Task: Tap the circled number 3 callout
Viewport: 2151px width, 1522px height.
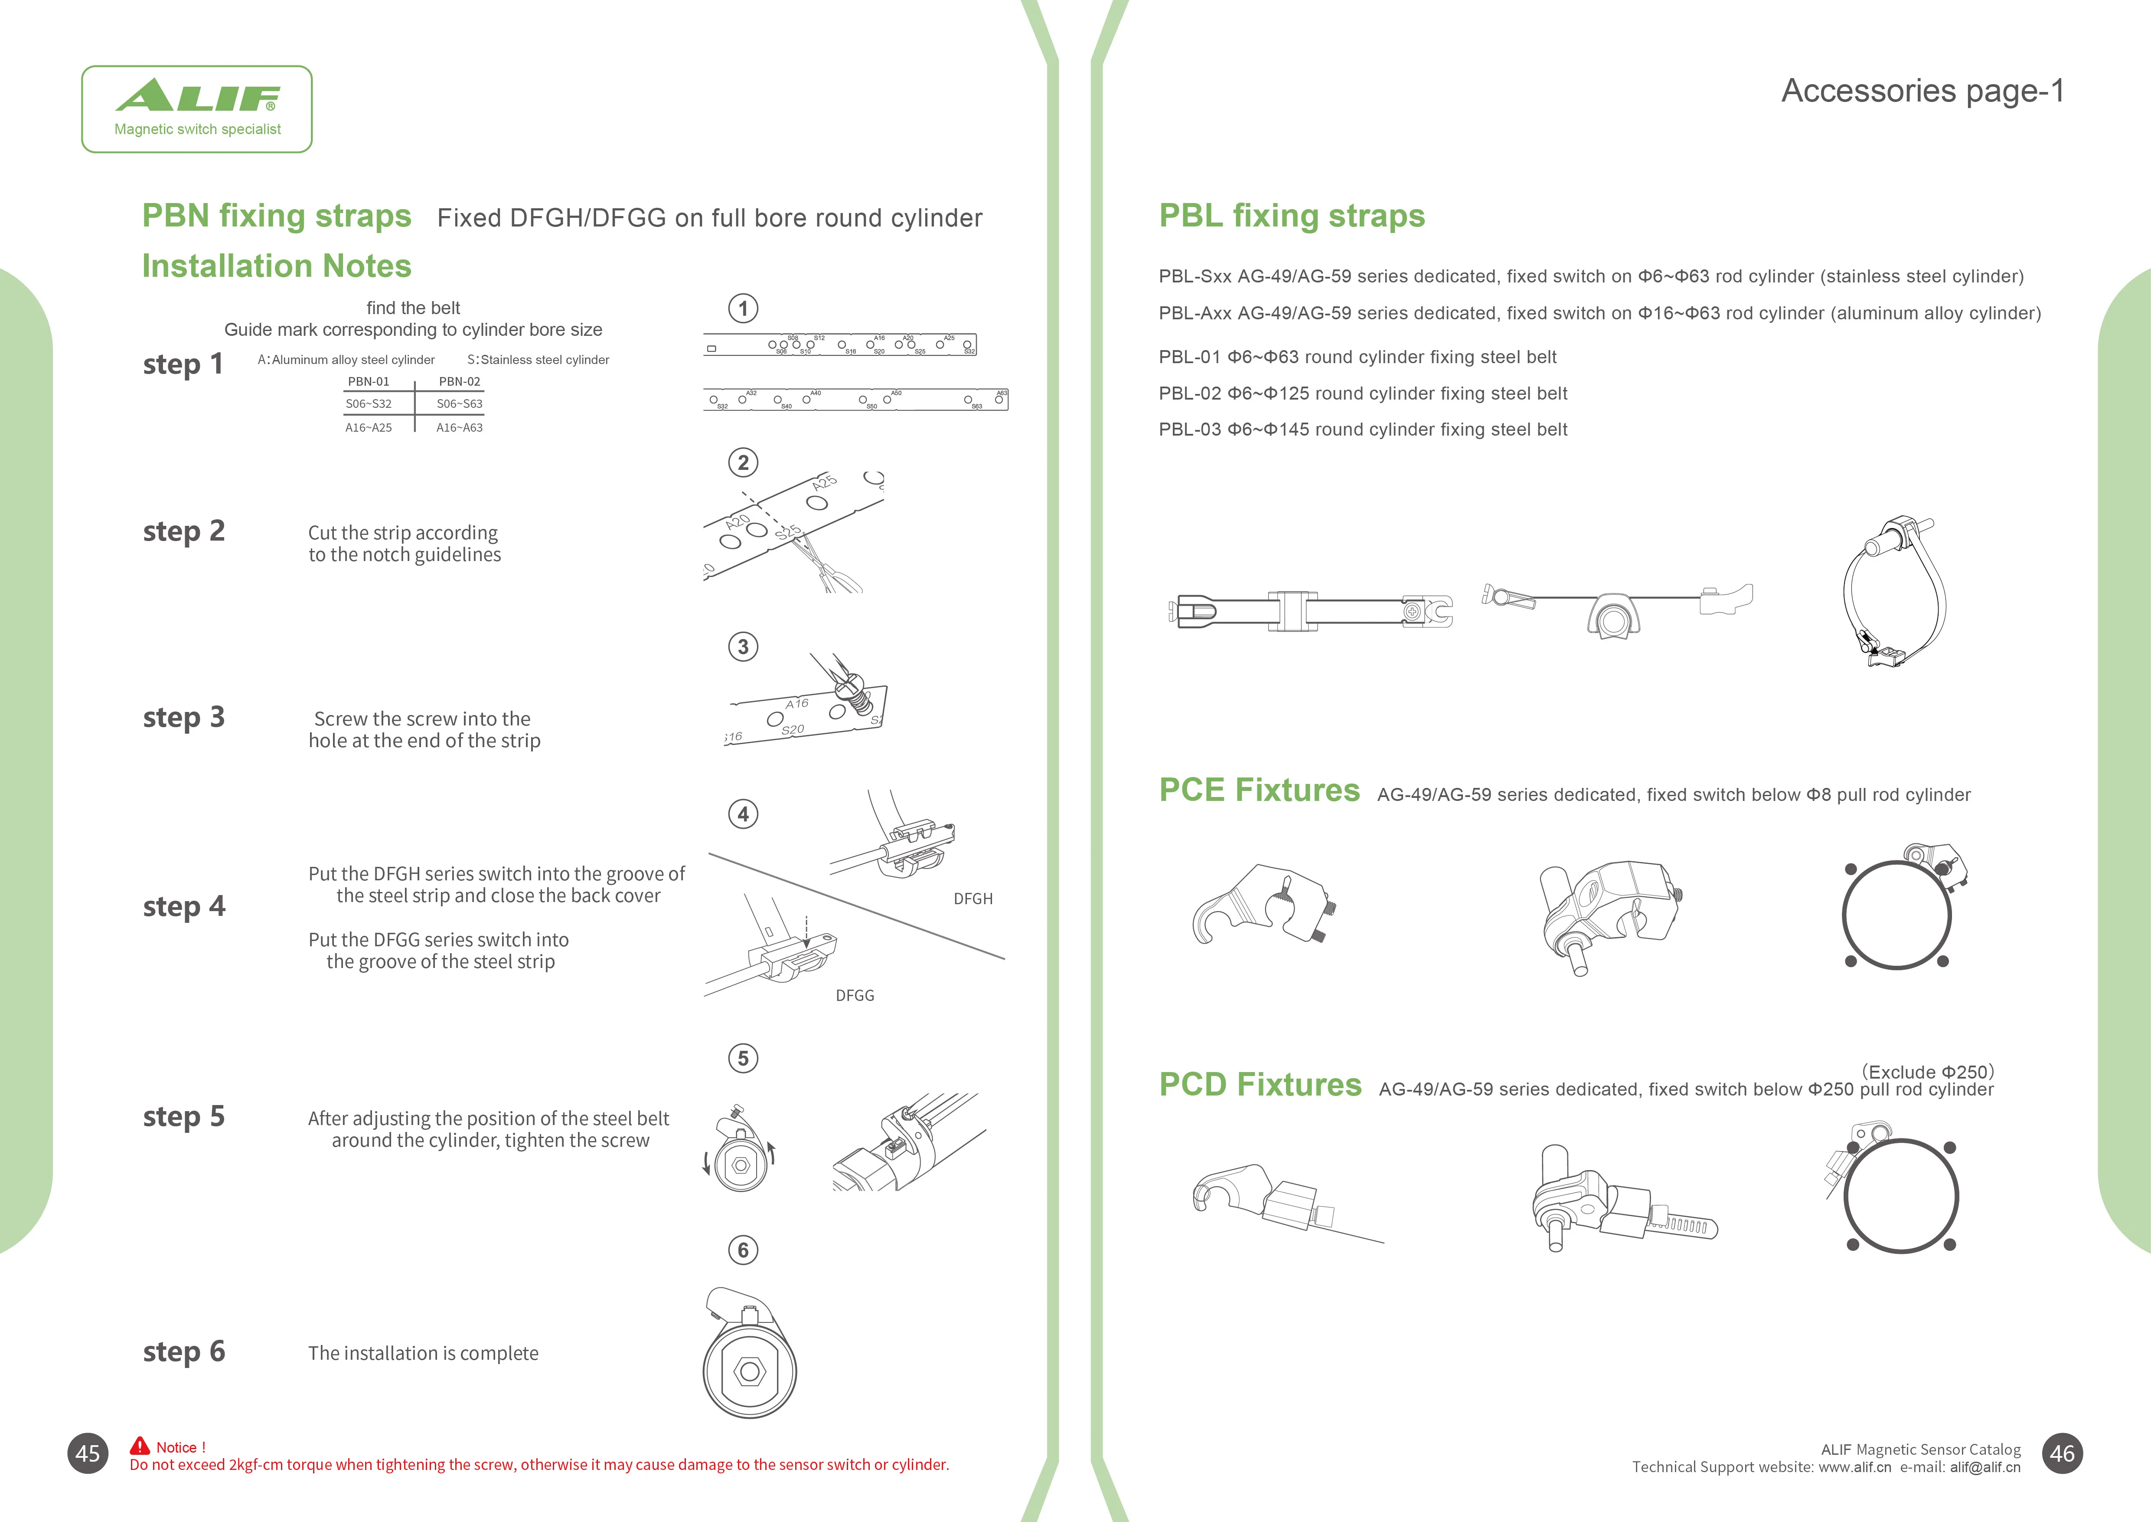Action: [x=743, y=646]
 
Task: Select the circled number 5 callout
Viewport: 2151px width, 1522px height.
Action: [x=743, y=1058]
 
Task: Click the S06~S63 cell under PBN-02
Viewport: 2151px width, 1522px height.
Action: [x=459, y=404]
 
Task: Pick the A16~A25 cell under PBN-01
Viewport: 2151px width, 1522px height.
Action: [x=368, y=427]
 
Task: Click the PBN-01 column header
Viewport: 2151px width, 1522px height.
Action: [x=368, y=381]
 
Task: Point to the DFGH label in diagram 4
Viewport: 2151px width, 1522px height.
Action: [x=973, y=899]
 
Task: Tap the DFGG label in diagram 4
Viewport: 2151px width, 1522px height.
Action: [x=855, y=995]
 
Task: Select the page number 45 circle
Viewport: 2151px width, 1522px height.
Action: [x=88, y=1453]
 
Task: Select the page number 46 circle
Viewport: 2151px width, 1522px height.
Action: [x=2062, y=1453]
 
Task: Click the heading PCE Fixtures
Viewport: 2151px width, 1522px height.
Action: [x=1258, y=790]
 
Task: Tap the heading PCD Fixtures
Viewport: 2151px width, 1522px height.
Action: [x=1259, y=1084]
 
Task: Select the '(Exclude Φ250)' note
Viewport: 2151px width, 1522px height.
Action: [x=1927, y=1071]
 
